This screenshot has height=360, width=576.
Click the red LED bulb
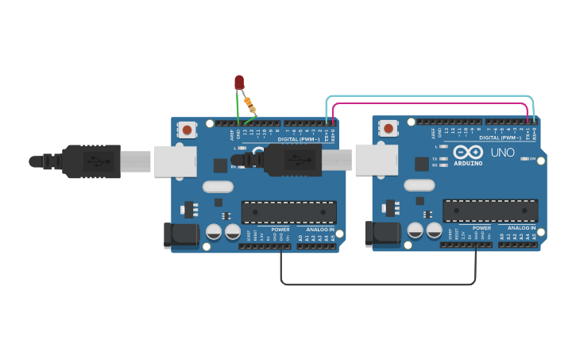coord(239,82)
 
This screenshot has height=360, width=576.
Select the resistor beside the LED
coord(249,103)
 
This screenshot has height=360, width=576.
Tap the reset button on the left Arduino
coord(187,129)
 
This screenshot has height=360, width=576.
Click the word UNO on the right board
coord(502,152)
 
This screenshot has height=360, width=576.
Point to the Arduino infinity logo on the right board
coord(467,151)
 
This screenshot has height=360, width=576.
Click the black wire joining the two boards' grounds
coord(377,284)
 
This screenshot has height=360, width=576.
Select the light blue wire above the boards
coord(429,96)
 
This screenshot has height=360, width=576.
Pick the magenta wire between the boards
coord(429,103)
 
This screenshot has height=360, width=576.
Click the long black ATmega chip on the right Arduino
coord(489,211)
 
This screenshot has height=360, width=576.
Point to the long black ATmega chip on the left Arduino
coord(288,212)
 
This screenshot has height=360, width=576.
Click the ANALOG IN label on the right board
coord(520,228)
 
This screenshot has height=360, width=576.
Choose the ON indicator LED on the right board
coord(524,159)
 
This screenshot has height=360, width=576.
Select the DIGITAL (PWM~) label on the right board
coord(501,137)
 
